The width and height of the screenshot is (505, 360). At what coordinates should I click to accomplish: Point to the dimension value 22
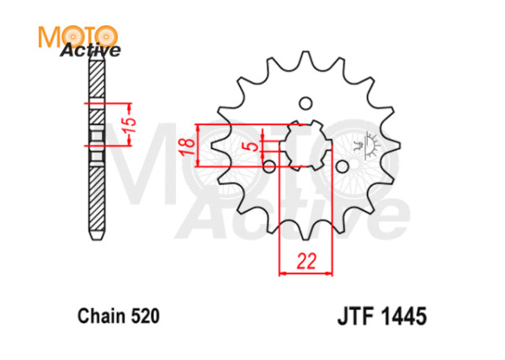click(306, 261)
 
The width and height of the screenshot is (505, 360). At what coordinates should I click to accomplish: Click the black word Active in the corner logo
click(90, 51)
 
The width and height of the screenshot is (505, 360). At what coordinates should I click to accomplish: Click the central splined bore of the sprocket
click(306, 146)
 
